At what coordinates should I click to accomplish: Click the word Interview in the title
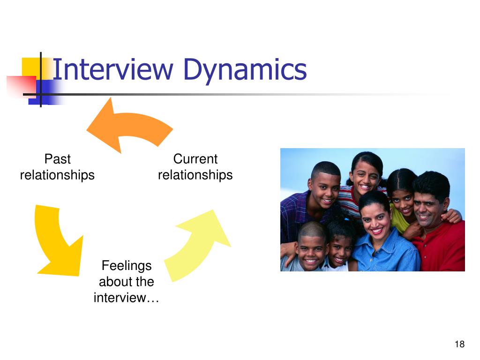[112, 69]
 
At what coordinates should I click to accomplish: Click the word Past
[57, 159]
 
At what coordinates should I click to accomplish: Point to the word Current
[195, 159]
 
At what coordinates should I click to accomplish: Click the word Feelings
[127, 266]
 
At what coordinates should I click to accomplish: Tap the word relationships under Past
[57, 175]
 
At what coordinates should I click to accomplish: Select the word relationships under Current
[195, 175]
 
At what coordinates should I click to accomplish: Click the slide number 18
[459, 345]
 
